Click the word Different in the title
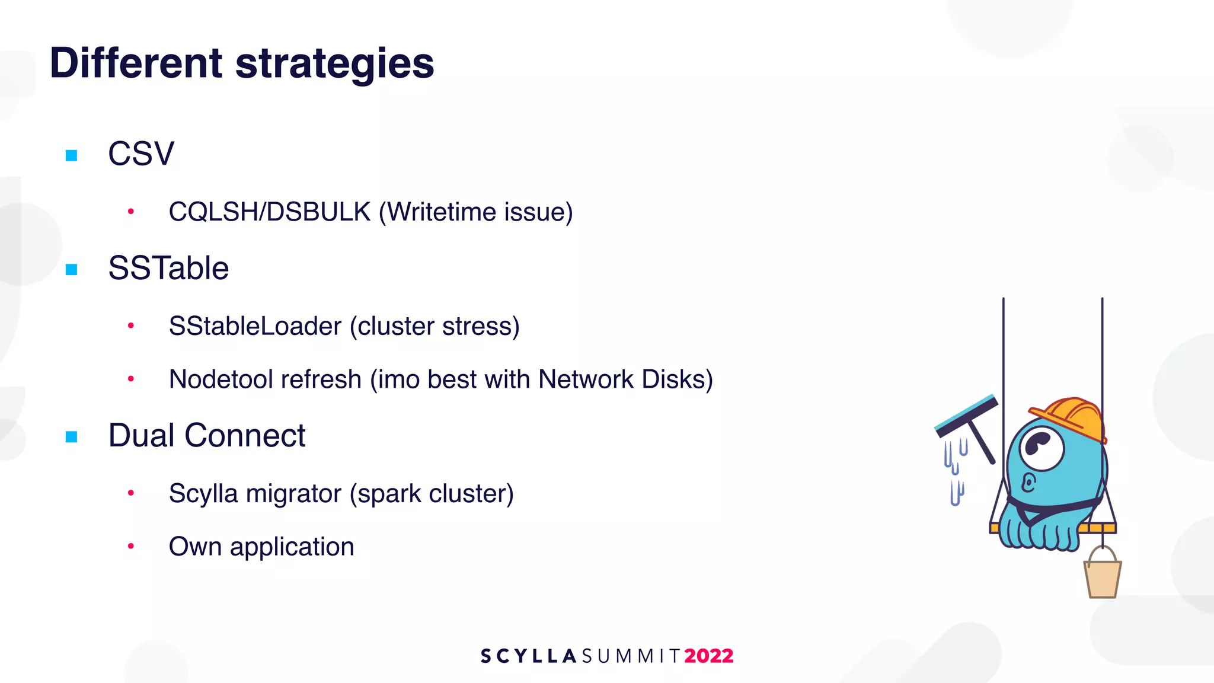(136, 63)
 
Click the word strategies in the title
(334, 64)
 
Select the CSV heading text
(141, 154)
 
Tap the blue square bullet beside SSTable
(72, 270)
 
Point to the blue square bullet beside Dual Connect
(72, 437)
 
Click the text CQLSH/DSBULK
(270, 212)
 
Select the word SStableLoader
(255, 326)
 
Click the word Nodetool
(220, 379)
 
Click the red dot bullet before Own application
(131, 546)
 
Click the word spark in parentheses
(388, 494)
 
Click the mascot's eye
(1041, 442)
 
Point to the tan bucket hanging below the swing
(1102, 575)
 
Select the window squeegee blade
(966, 414)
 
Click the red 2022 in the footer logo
(709, 656)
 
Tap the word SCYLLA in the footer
(528, 656)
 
